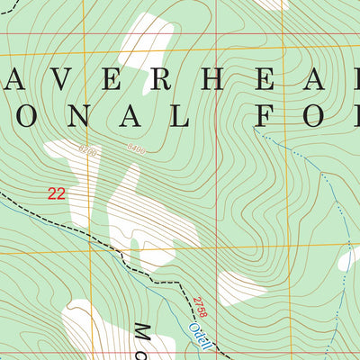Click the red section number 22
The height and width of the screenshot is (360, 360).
tap(57, 193)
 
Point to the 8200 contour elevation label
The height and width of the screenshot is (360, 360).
tap(87, 147)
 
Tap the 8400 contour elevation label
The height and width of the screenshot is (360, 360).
tap(136, 148)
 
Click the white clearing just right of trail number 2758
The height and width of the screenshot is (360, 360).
tap(238, 288)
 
